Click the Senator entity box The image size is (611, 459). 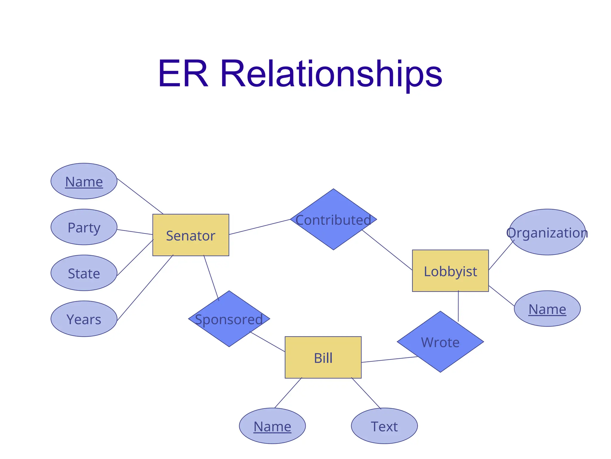191,235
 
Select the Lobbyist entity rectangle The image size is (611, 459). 450,271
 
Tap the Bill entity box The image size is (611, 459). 323,357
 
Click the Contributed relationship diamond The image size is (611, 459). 333,219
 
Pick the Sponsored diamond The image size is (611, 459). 229,319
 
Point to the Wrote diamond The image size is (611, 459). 440,342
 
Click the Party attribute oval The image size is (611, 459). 84,227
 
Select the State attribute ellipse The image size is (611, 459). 84,273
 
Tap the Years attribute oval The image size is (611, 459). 84,319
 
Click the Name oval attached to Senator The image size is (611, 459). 84,181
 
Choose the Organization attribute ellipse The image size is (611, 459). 547,232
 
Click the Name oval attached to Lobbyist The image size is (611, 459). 547,309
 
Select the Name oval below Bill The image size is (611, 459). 272,426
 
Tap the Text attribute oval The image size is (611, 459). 384,426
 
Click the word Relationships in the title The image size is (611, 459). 331,74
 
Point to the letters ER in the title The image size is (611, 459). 183,74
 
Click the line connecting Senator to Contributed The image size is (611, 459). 260,227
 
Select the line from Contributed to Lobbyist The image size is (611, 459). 387,250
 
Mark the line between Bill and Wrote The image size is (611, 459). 389,359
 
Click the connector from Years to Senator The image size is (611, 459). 145,287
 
